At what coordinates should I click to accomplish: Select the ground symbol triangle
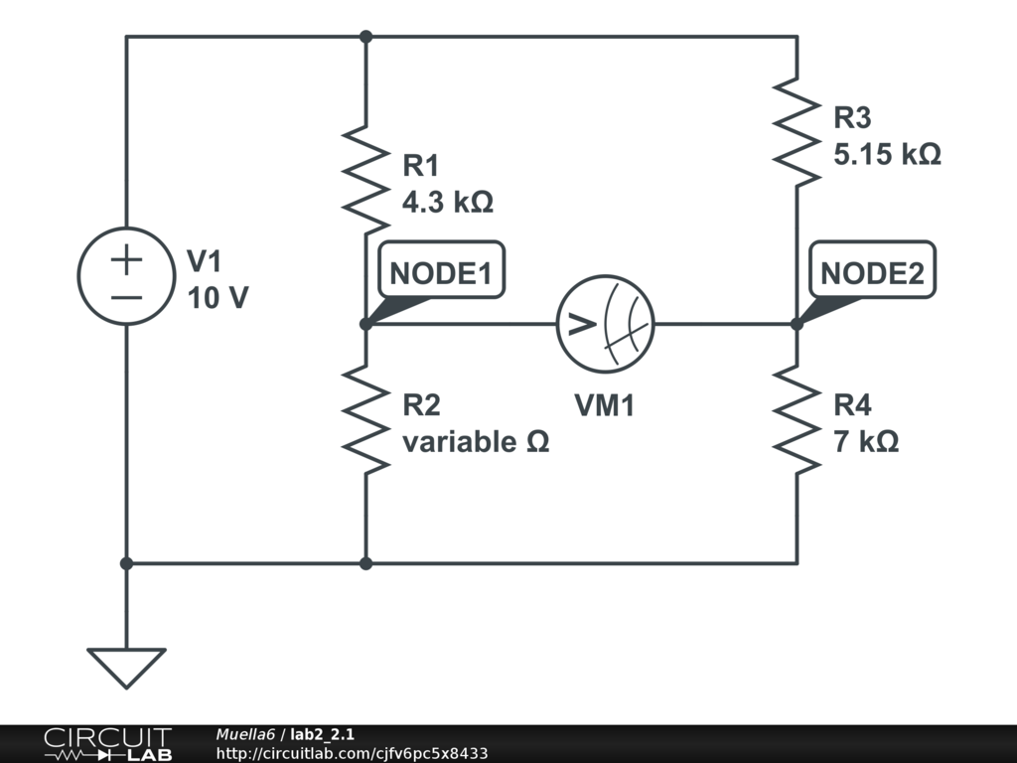point(126,666)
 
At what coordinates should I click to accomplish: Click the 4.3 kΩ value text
point(447,203)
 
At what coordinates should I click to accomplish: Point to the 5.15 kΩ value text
point(887,156)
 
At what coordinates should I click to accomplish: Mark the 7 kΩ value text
point(866,442)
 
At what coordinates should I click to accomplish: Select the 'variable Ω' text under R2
point(475,442)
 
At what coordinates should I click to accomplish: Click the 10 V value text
point(218,298)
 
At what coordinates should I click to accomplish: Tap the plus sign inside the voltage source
point(126,260)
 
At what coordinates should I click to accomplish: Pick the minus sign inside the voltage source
point(126,296)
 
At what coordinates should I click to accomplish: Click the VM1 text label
point(604,405)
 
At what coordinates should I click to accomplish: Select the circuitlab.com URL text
point(352,754)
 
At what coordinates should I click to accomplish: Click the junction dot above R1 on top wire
point(365,37)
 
